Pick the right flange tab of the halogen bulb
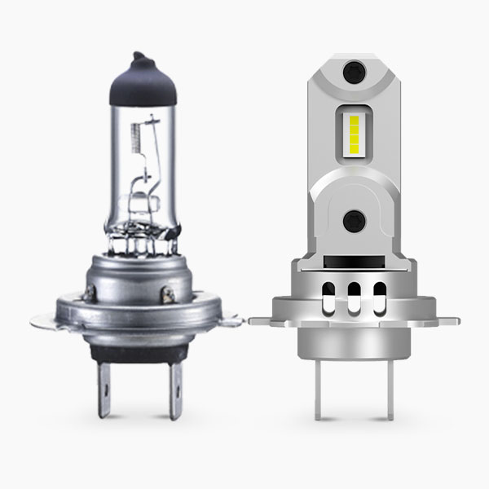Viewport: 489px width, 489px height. click(231, 320)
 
